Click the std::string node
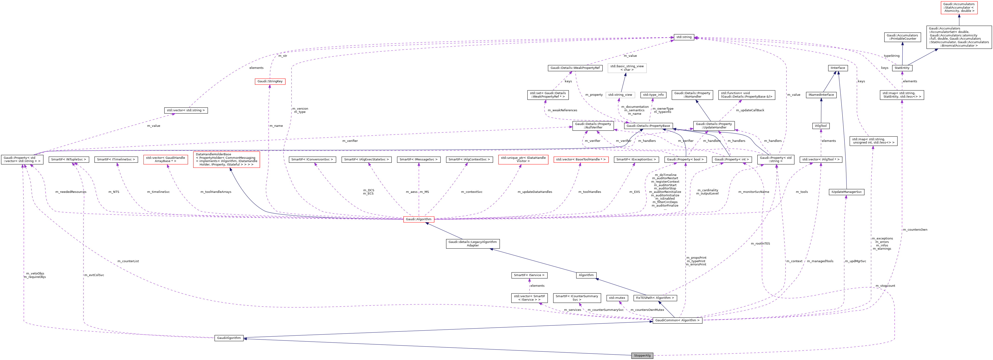point(684,37)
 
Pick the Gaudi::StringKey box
point(270,81)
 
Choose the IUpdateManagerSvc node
point(846,192)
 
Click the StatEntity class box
point(902,68)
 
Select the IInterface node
point(838,68)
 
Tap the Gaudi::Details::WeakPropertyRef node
point(575,68)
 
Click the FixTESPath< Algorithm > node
point(655,298)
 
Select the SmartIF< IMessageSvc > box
point(419,159)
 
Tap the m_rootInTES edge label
point(760,244)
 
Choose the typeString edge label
point(892,56)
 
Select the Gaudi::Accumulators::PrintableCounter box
point(902,37)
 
